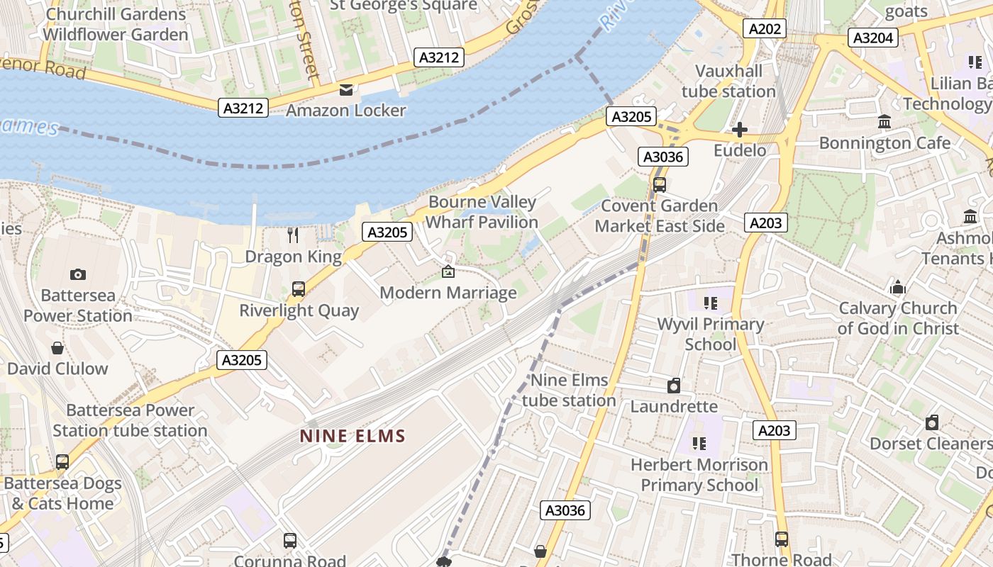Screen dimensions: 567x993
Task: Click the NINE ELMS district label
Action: coord(353,436)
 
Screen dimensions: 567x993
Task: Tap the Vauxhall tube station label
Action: coord(728,82)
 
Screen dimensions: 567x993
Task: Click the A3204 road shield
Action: coord(874,38)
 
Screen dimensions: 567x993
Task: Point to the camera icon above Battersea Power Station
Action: coord(78,274)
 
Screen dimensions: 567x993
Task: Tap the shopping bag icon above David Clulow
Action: coord(57,348)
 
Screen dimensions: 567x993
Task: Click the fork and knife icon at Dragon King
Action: coord(293,235)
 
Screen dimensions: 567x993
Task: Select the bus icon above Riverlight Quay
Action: coord(299,289)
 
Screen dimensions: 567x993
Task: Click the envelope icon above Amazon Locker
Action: coord(345,90)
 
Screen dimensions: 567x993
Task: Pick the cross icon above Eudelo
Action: coord(740,130)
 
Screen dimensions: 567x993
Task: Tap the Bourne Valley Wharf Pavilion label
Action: coord(482,212)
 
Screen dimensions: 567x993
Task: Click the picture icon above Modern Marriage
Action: coord(448,271)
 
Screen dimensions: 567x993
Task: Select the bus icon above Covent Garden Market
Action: coord(660,185)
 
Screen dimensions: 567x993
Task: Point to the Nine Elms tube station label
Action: coord(569,391)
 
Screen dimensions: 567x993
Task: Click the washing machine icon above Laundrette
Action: coord(674,386)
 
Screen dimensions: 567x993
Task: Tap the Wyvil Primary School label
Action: coord(710,335)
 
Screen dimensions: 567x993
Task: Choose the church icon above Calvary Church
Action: coord(898,287)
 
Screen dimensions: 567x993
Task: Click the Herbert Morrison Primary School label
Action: coord(699,475)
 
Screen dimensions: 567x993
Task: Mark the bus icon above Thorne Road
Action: coord(782,539)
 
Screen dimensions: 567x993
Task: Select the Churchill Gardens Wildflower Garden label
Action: coord(116,24)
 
